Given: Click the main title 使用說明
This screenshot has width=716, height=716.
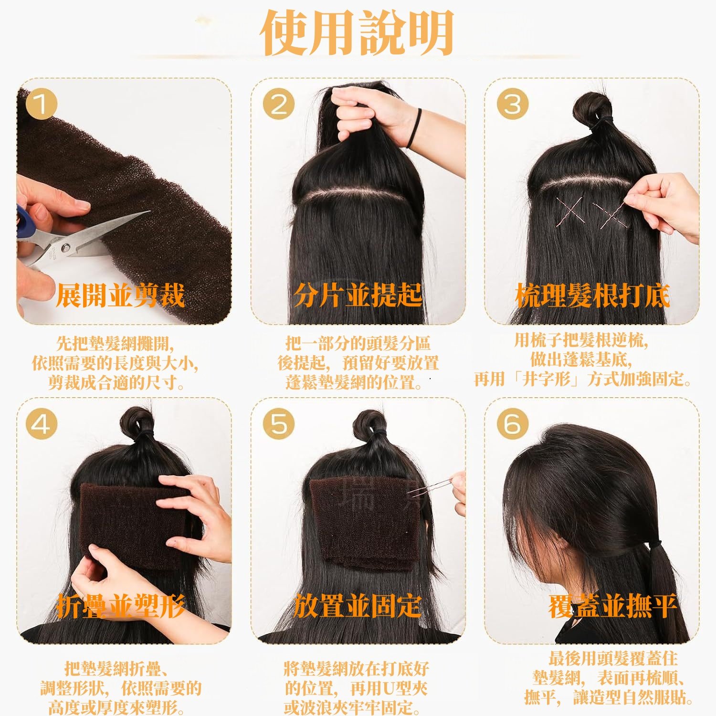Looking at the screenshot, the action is click(x=357, y=32).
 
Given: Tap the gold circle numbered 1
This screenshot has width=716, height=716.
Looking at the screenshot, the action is click(x=41, y=104).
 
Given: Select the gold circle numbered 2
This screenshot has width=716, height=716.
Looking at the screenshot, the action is click(x=279, y=104).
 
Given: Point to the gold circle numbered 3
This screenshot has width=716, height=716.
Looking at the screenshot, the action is click(x=513, y=104).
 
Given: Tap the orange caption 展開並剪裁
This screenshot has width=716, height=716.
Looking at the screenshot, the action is click(x=120, y=295).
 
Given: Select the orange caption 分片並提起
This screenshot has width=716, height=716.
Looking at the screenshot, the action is click(x=358, y=295).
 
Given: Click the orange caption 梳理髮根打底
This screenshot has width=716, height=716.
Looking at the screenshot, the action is click(x=593, y=295).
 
